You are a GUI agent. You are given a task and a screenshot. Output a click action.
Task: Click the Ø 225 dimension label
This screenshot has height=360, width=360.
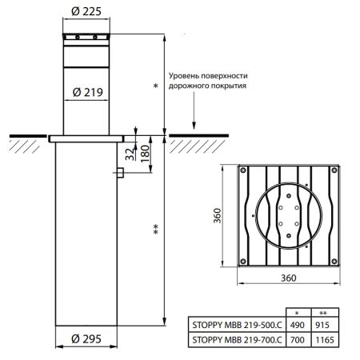pos(86,11)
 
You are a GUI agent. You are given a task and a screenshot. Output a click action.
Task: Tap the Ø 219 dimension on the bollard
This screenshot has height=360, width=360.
pos(86,92)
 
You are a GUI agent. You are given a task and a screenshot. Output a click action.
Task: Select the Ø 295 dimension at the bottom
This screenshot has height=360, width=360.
pos(85,338)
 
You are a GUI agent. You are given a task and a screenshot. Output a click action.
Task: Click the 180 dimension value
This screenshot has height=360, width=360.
pos(145,152)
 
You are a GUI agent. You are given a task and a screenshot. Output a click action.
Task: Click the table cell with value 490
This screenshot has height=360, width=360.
pos(296,326)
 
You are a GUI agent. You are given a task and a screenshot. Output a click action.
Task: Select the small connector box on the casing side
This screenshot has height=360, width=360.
pos(118,173)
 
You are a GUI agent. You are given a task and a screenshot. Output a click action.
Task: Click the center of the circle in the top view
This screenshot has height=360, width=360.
pos(288,217)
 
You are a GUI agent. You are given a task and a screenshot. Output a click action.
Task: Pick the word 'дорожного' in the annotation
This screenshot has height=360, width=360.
pos(190,86)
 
